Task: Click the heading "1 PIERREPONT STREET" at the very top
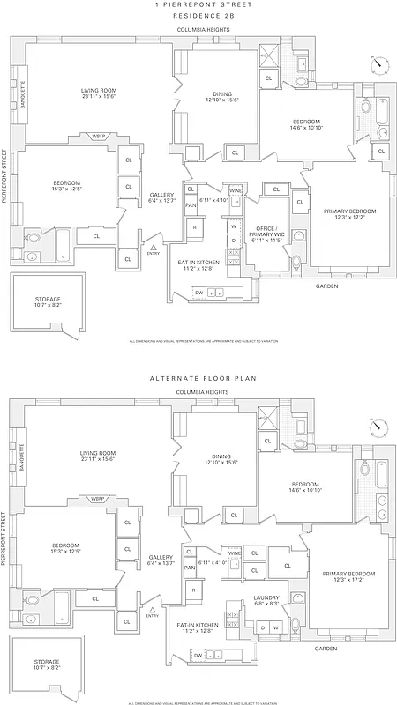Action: coord(203,5)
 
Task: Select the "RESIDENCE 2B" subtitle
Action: coord(203,16)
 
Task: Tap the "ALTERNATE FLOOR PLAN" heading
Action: coord(203,378)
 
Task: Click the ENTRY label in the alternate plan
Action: coord(153,616)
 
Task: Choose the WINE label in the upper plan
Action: coord(236,190)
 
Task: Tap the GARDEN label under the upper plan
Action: coord(326,286)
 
